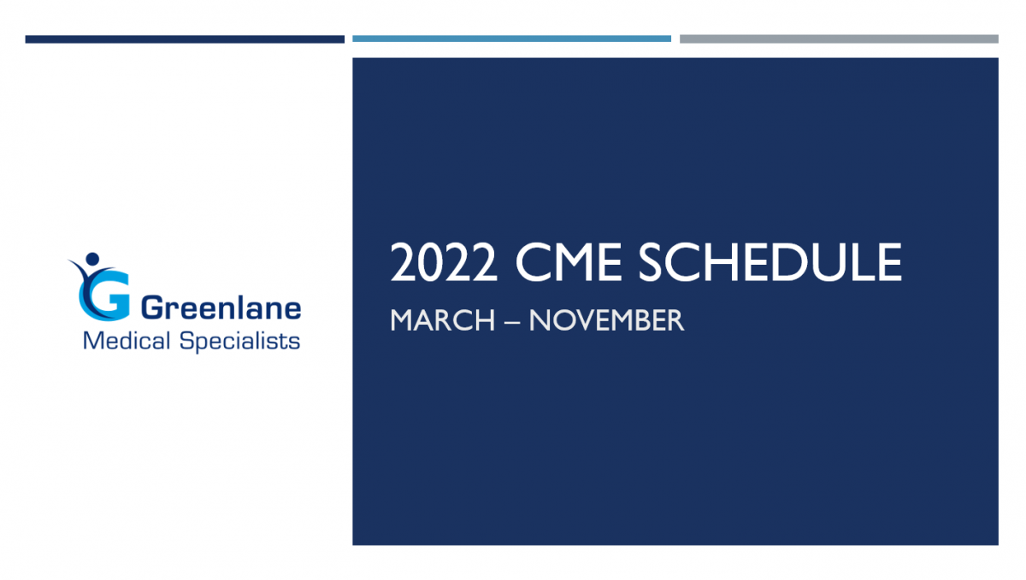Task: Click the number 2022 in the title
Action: (444, 263)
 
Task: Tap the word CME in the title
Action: (569, 262)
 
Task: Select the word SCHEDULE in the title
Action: (770, 262)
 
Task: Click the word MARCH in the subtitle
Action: (443, 320)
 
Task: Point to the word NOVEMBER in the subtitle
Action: (606, 320)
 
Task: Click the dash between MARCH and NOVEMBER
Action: (512, 322)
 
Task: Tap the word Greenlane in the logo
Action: (221, 308)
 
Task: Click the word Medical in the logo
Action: (127, 341)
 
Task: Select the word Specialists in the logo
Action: (239, 342)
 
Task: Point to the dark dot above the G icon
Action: (92, 259)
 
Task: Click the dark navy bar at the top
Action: (185, 39)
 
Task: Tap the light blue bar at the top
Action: (511, 39)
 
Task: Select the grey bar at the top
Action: (839, 39)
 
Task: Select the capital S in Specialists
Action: (188, 341)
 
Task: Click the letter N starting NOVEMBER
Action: (540, 320)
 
